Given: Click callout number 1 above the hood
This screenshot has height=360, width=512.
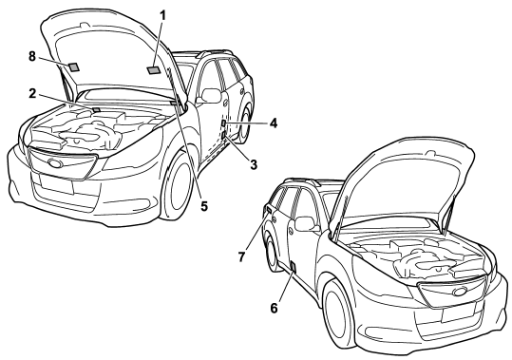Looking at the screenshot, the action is [x=162, y=15].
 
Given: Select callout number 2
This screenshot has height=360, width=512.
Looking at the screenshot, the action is [x=32, y=94].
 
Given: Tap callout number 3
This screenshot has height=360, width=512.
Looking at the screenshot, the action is [x=254, y=164].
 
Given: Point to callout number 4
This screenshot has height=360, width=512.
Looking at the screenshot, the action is [x=274, y=123].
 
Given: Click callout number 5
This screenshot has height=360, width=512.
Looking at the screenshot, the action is [x=204, y=206].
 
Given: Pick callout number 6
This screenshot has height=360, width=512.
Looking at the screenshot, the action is [x=274, y=308].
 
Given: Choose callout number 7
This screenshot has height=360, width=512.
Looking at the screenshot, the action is [x=241, y=256].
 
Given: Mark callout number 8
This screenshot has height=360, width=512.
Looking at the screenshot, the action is [x=31, y=56].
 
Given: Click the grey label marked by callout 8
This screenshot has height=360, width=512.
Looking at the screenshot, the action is [x=74, y=66].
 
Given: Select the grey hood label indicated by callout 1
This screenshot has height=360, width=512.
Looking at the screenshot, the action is [x=153, y=70].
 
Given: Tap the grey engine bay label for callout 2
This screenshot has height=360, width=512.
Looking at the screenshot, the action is [x=96, y=109].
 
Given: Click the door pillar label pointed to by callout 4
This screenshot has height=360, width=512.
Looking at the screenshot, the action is [x=223, y=123].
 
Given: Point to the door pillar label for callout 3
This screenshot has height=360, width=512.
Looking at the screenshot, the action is [x=223, y=135].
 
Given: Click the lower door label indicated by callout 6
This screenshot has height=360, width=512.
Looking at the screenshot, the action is [x=294, y=267].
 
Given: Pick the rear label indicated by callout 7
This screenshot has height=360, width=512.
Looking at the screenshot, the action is [x=269, y=209].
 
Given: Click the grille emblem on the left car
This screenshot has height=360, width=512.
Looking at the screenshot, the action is [x=55, y=162].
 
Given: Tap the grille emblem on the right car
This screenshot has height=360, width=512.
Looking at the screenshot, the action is [x=460, y=292].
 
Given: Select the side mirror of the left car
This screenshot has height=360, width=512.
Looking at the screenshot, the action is [x=211, y=95].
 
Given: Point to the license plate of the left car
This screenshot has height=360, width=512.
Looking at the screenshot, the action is [x=56, y=183].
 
